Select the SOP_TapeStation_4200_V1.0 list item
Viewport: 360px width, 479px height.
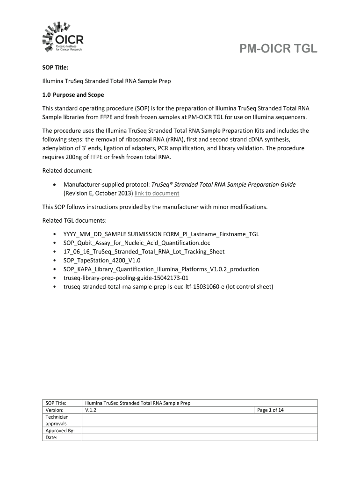tap(102, 260)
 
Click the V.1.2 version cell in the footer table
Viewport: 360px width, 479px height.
tap(90, 410)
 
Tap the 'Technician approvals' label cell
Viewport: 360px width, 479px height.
tap(57, 421)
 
